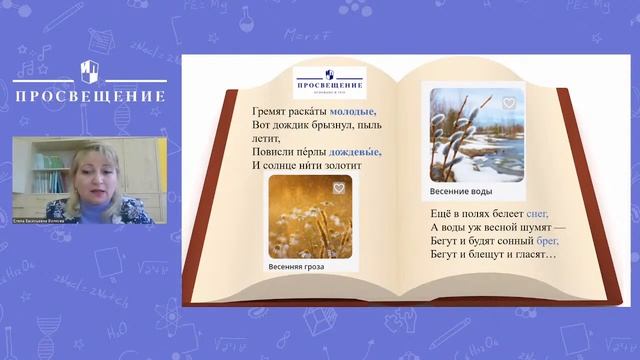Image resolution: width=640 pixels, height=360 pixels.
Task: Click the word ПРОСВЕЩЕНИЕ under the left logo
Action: coord(90,97)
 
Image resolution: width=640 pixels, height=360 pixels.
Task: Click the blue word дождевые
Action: coord(352,152)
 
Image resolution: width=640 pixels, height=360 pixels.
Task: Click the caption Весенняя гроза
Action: coord(301,267)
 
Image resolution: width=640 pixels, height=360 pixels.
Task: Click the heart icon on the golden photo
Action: coord(339,188)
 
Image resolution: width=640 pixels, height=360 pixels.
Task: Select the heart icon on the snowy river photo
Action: coord(508,103)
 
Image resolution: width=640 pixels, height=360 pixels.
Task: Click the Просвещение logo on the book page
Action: coord(330,81)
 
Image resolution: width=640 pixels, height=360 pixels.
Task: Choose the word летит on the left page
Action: coord(270,138)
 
